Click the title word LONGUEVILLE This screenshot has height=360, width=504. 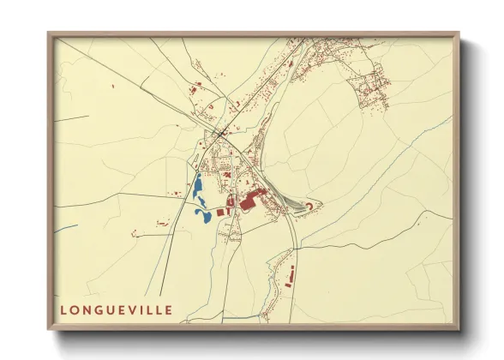coord(116,309)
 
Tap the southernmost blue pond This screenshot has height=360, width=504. coord(205,217)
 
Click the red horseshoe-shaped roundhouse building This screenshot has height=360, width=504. coord(312,203)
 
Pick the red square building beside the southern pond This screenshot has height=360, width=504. coord(219,211)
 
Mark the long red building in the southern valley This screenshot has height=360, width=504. coord(289,277)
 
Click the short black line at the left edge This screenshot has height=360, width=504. coord(72,117)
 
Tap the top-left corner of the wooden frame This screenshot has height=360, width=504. coord(50,34)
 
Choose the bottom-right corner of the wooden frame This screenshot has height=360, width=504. coord(457,328)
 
